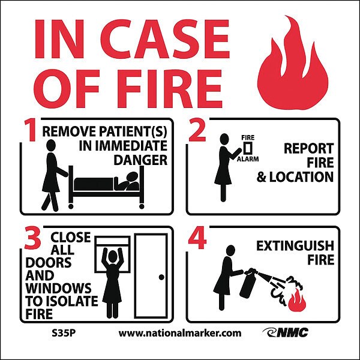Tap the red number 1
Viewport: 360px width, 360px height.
(x=31, y=130)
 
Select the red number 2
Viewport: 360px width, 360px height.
(x=197, y=130)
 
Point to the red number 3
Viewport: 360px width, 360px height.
(x=33, y=238)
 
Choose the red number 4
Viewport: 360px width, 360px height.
(x=197, y=238)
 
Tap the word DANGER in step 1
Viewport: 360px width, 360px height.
(x=140, y=160)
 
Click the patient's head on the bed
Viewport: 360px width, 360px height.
(x=133, y=178)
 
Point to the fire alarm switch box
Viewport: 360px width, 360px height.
(x=248, y=148)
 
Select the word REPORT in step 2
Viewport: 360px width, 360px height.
(x=308, y=149)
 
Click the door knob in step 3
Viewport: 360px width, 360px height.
(x=161, y=277)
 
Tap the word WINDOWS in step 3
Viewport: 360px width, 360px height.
(x=58, y=288)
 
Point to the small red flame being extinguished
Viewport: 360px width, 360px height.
(x=298, y=300)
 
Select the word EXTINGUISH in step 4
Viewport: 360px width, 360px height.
(x=295, y=246)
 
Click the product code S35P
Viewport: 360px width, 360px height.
(x=64, y=333)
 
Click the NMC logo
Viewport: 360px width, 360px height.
(x=286, y=332)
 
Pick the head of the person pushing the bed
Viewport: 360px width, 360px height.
(x=51, y=145)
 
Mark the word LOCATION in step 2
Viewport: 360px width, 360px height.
(x=301, y=177)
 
